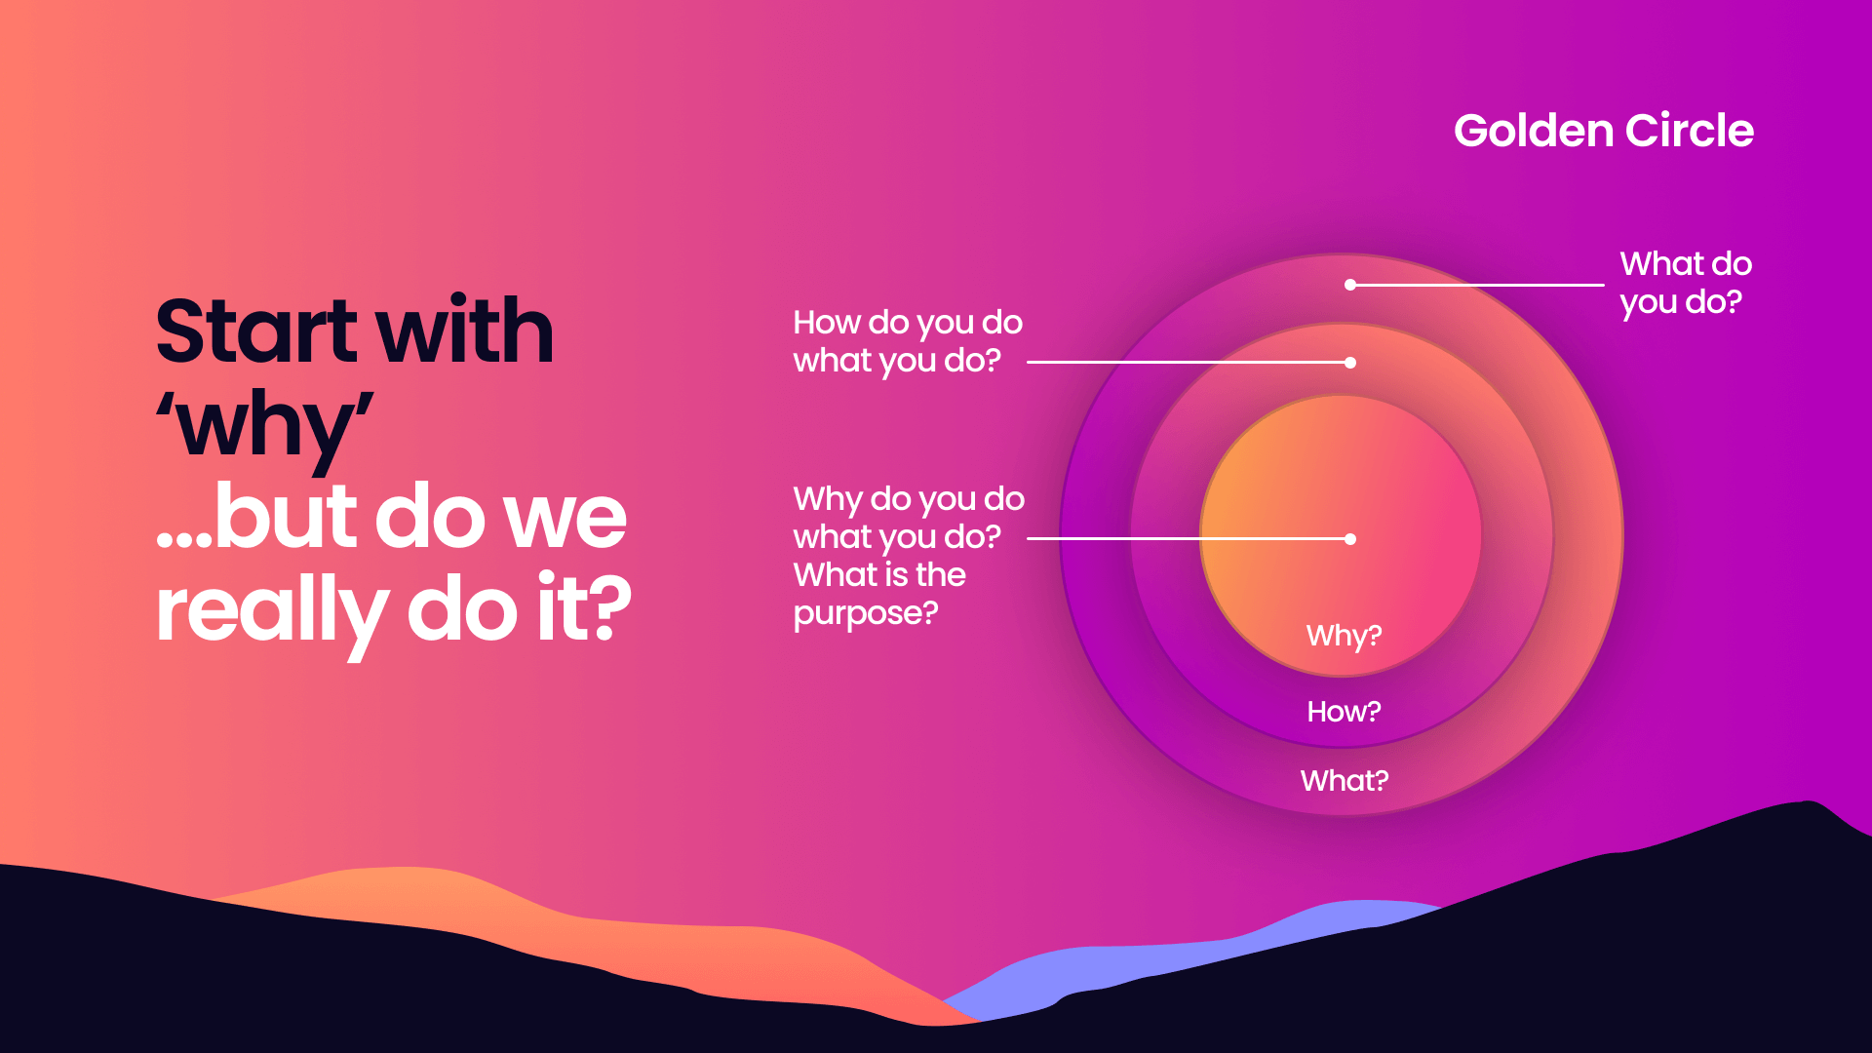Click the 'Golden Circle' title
point(1603,131)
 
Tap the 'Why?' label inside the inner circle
point(1344,636)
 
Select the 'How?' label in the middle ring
point(1344,712)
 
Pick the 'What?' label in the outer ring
point(1344,781)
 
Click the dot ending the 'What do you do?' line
point(1350,285)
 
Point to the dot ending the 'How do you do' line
point(1350,363)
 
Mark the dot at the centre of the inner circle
point(1350,539)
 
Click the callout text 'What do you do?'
point(1685,283)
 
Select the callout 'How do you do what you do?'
point(907,341)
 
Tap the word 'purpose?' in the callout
point(866,613)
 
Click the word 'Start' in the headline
point(256,331)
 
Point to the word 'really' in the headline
point(272,611)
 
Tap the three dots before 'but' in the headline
point(183,539)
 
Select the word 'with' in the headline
point(465,331)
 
